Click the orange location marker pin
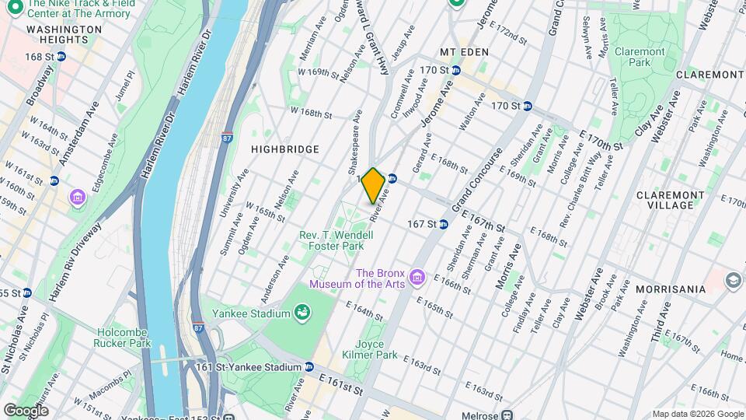[x=373, y=185]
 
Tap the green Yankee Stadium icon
[x=302, y=313]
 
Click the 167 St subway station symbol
[x=442, y=224]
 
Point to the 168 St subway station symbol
[x=61, y=57]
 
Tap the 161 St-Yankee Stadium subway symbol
[x=309, y=367]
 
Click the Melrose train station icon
[x=507, y=415]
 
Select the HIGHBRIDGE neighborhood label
[x=285, y=149]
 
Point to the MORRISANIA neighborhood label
[x=670, y=289]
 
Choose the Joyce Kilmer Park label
[x=376, y=349]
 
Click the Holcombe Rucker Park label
[x=122, y=336]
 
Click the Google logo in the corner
[x=26, y=410]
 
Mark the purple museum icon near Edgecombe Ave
[x=77, y=197]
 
